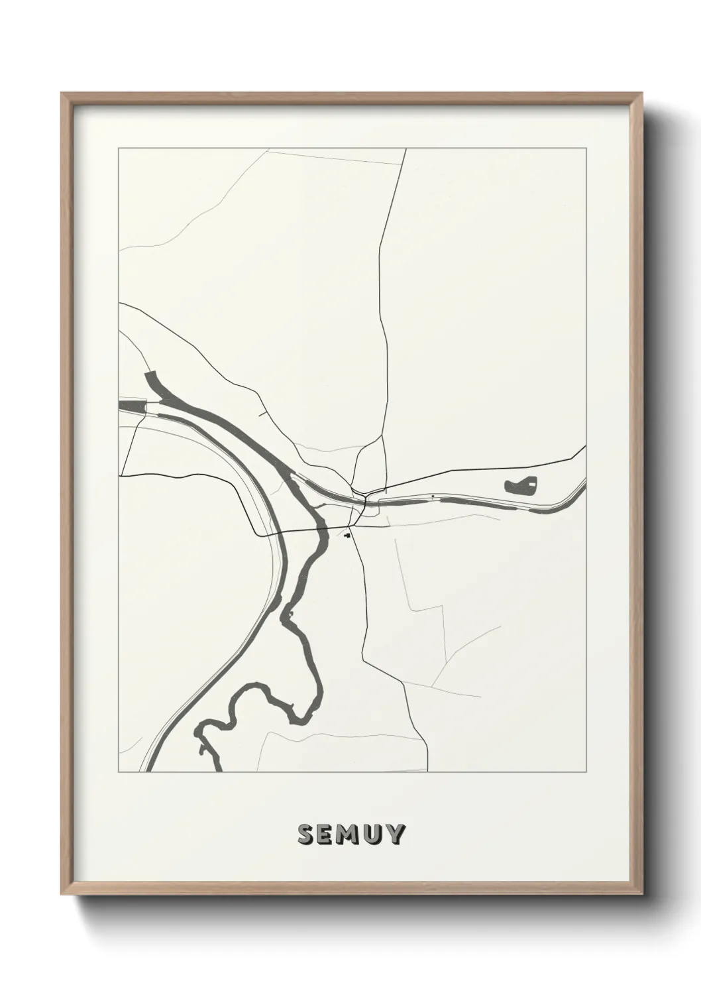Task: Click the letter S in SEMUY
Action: click(306, 835)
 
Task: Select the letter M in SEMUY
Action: click(349, 835)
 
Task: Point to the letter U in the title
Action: click(373, 835)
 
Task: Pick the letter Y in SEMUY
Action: click(395, 835)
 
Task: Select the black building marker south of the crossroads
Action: click(348, 535)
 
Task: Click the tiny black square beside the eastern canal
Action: click(433, 496)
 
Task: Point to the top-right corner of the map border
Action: click(586, 148)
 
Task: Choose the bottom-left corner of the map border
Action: click(119, 772)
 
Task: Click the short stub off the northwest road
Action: click(262, 414)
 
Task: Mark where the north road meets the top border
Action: click(405, 149)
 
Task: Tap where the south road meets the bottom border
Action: click(427, 771)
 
